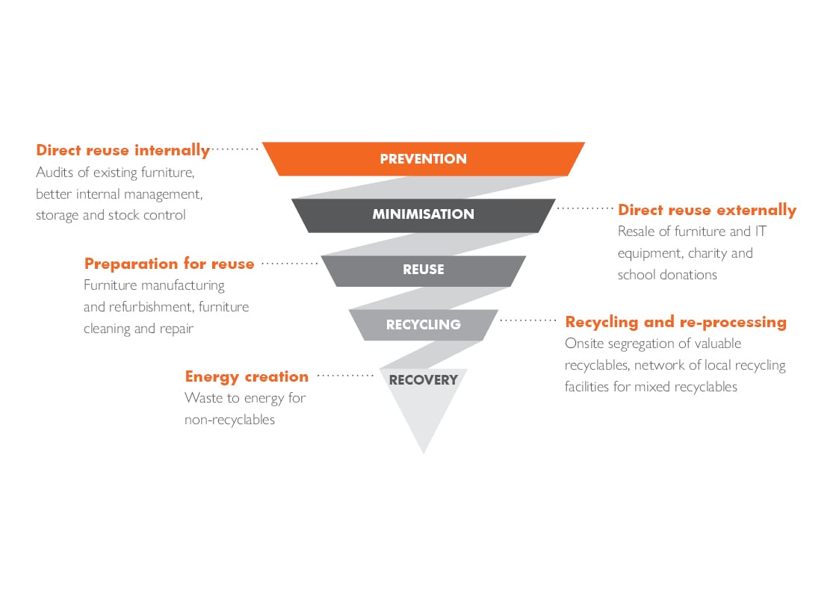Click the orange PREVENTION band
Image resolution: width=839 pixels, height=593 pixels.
point(424,159)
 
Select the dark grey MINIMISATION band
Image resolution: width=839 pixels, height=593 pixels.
point(424,215)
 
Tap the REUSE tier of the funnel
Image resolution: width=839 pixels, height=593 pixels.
point(424,270)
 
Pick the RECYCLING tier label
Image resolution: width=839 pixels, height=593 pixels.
point(424,325)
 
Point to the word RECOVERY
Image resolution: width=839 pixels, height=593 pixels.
point(424,380)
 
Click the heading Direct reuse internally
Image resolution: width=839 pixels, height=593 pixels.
point(123,150)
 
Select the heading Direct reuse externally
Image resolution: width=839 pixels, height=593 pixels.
point(708,210)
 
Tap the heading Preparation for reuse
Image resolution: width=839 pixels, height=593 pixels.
point(169,264)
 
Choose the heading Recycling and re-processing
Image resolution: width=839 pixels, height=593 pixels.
point(676,322)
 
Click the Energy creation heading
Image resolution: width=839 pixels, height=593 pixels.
point(247,376)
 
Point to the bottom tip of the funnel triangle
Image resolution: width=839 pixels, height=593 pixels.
point(424,453)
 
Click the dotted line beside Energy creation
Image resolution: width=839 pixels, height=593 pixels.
point(345,376)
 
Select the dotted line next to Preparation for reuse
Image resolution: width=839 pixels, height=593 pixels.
point(289,263)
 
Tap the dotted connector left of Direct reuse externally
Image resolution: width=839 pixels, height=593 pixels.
point(585,208)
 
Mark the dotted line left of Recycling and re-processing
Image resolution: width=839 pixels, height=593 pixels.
point(528,320)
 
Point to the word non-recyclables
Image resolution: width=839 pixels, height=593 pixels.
point(229,420)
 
